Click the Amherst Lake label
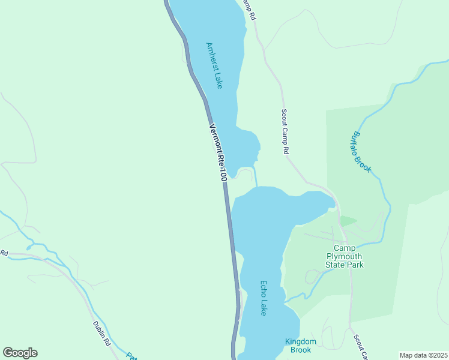(214, 66)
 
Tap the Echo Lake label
(263, 298)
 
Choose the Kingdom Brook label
(300, 346)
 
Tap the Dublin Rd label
(101, 334)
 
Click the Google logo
(20, 353)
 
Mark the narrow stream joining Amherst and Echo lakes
(256, 176)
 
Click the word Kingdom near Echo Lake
(300, 341)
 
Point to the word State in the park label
(336, 265)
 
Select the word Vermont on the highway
(215, 137)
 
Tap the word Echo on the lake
(263, 289)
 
